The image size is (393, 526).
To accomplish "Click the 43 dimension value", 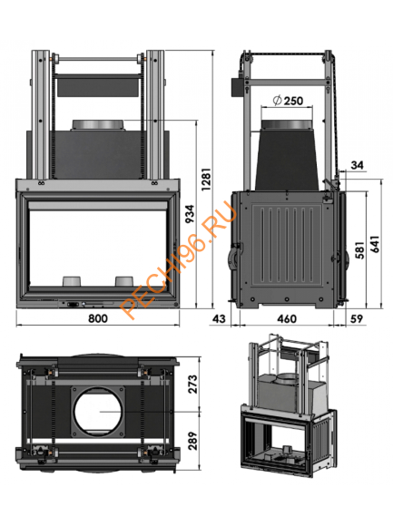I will tap(218, 319).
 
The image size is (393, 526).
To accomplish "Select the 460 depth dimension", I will tap(286, 319).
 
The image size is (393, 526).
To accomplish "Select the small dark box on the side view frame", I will tap(241, 85).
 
